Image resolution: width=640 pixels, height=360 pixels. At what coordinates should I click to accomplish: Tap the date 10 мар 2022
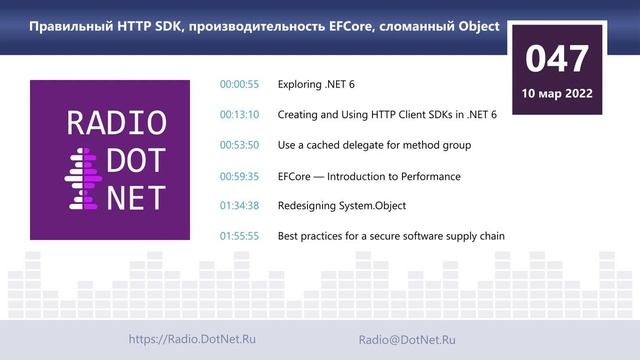(558, 94)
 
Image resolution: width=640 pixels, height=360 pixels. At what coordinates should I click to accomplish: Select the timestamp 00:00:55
(239, 84)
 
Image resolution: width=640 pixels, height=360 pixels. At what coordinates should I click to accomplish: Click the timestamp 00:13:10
(239, 114)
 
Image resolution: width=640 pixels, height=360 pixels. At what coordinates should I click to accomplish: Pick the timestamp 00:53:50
(239, 145)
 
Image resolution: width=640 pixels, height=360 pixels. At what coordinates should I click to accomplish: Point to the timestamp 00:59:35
(239, 176)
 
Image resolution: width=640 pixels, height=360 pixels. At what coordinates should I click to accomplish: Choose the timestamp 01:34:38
(239, 206)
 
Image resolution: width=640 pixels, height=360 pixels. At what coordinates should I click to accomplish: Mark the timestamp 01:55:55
(239, 237)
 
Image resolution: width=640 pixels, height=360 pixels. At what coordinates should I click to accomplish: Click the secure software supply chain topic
(391, 237)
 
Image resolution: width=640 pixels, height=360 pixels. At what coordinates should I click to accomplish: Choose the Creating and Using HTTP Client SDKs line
(387, 114)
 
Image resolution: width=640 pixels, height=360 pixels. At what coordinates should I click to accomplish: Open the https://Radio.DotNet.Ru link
(192, 340)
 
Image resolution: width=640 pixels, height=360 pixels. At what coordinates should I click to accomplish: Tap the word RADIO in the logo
(115, 122)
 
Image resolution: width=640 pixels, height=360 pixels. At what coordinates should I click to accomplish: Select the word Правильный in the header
(69, 26)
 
